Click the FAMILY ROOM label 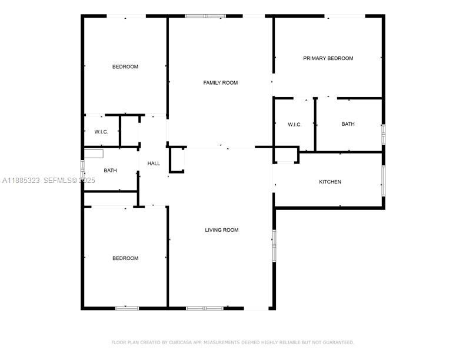221,83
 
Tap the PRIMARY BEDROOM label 328,58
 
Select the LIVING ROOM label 222,230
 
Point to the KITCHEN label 330,182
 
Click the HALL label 154,164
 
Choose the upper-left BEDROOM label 125,66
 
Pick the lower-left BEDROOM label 125,258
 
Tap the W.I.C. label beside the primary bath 295,124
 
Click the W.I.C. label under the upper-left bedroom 101,132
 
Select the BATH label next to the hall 110,171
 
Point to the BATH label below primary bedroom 348,124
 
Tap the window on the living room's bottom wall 205,308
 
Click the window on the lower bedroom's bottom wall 127,308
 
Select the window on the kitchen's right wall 383,181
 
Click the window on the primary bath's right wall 383,134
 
